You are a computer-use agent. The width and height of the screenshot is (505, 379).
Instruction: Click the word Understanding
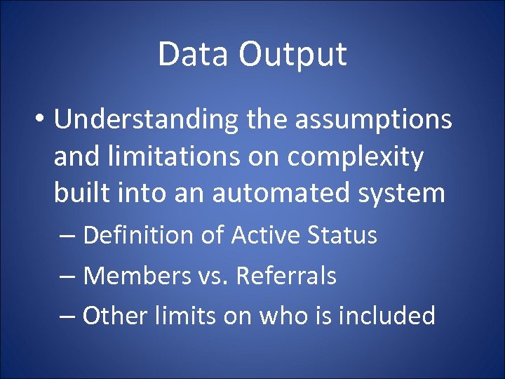click(147, 121)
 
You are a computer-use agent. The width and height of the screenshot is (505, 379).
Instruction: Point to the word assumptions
click(373, 120)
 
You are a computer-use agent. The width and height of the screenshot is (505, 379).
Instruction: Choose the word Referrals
click(286, 276)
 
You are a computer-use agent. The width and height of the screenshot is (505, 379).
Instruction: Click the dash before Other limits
click(67, 317)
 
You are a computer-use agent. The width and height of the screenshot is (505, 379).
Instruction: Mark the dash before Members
click(67, 277)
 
